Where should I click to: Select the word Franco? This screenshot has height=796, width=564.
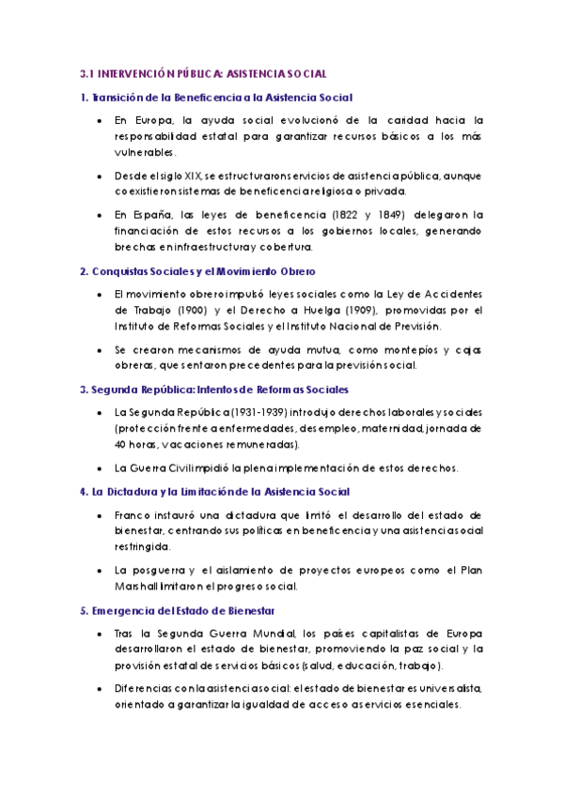coord(133,514)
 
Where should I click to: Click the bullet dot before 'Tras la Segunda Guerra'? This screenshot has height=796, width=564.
coord(100,634)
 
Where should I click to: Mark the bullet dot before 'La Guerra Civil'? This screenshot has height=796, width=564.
coord(100,467)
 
